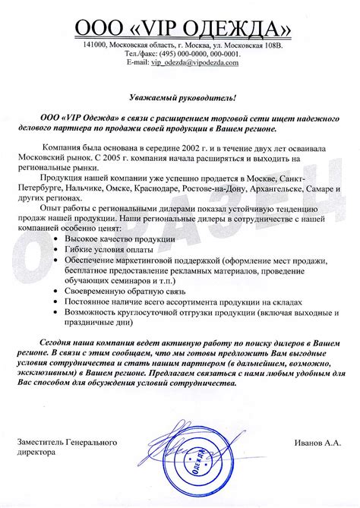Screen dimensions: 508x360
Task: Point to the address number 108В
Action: pos(270,46)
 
